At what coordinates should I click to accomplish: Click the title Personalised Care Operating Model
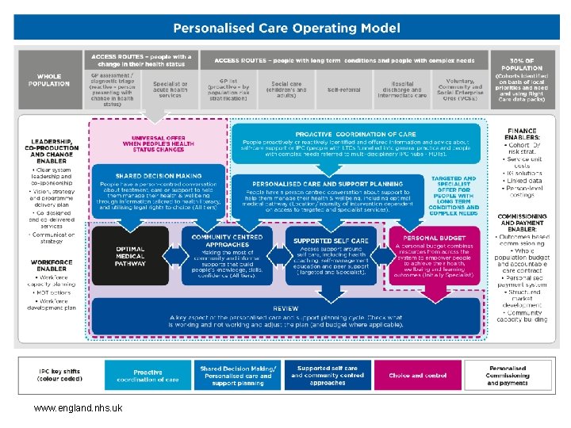coord(286,28)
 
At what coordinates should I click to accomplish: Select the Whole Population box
coord(48,79)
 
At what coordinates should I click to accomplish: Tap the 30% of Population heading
coord(522,63)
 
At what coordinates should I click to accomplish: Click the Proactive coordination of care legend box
coord(148,374)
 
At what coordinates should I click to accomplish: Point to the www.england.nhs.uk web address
coord(77,407)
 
